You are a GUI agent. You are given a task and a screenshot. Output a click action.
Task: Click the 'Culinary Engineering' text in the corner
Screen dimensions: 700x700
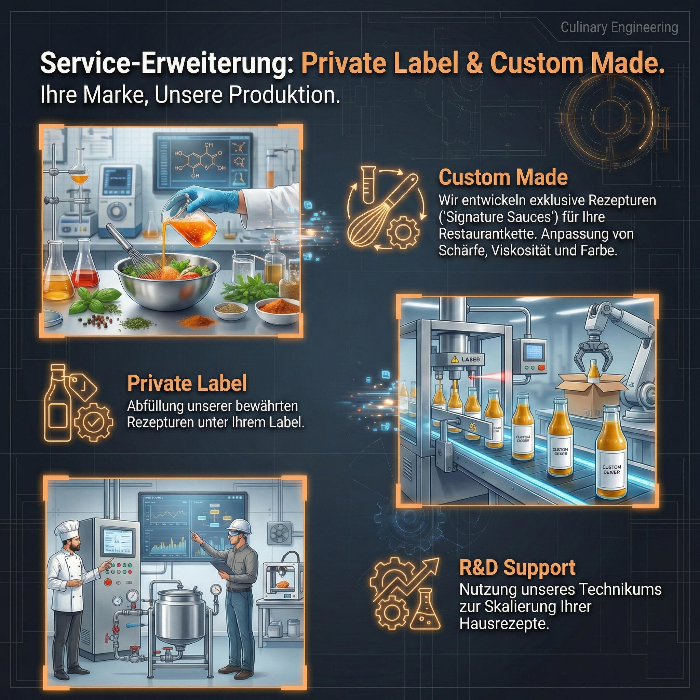[619, 28]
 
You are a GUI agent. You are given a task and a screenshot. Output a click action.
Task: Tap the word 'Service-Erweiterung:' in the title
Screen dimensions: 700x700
[167, 64]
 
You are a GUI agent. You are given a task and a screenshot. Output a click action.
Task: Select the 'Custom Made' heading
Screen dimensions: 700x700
[503, 177]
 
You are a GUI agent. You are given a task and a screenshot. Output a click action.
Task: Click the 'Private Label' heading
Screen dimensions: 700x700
[187, 383]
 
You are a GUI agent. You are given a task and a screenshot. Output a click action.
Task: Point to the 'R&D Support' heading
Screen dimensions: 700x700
[517, 568]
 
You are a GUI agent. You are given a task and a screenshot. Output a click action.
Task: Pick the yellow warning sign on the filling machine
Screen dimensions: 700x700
[454, 360]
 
